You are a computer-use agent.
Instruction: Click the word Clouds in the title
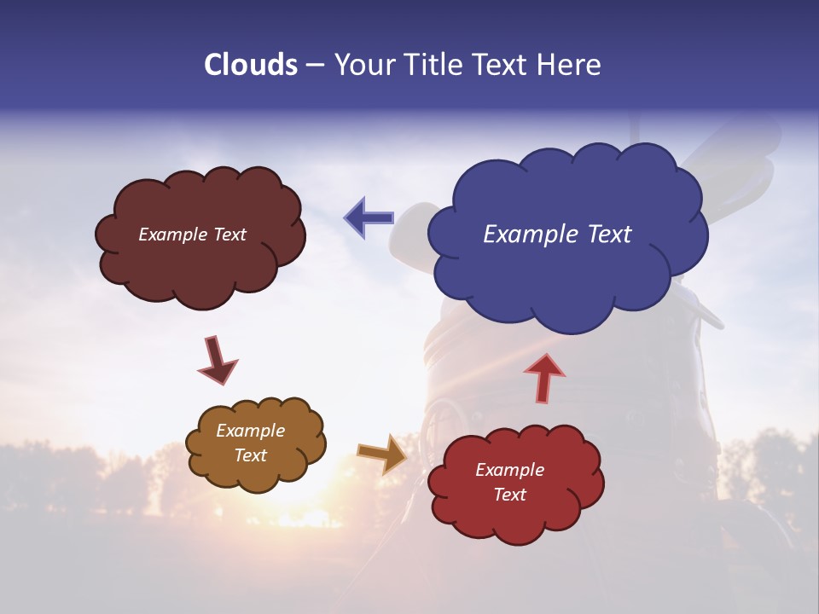[x=250, y=65]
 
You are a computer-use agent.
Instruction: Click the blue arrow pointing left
[x=369, y=217]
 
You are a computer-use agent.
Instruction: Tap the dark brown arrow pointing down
[x=218, y=360]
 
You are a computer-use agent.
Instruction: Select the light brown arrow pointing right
[x=383, y=453]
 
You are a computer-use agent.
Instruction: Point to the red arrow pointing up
[x=544, y=377]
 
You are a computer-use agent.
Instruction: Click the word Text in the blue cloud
[x=609, y=235]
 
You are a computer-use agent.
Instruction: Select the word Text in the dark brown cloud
[x=229, y=235]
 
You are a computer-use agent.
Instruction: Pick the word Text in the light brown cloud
[x=251, y=455]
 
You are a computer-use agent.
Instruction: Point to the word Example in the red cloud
[x=509, y=470]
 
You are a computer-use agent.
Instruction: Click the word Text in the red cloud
[x=509, y=495]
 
